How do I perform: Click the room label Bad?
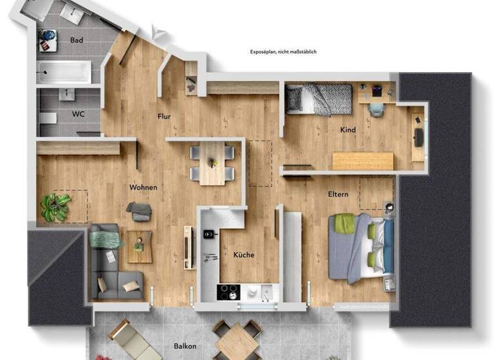(x=77, y=40)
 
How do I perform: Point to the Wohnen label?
(x=143, y=188)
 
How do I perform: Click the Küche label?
(x=243, y=255)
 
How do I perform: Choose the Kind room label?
(x=347, y=130)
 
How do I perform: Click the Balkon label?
(x=185, y=346)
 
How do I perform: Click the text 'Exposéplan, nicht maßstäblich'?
(x=283, y=52)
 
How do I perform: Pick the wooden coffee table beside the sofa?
(x=140, y=246)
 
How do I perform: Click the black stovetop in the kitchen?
(x=228, y=292)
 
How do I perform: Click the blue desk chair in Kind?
(x=376, y=107)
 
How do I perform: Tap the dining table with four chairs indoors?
(x=212, y=163)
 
